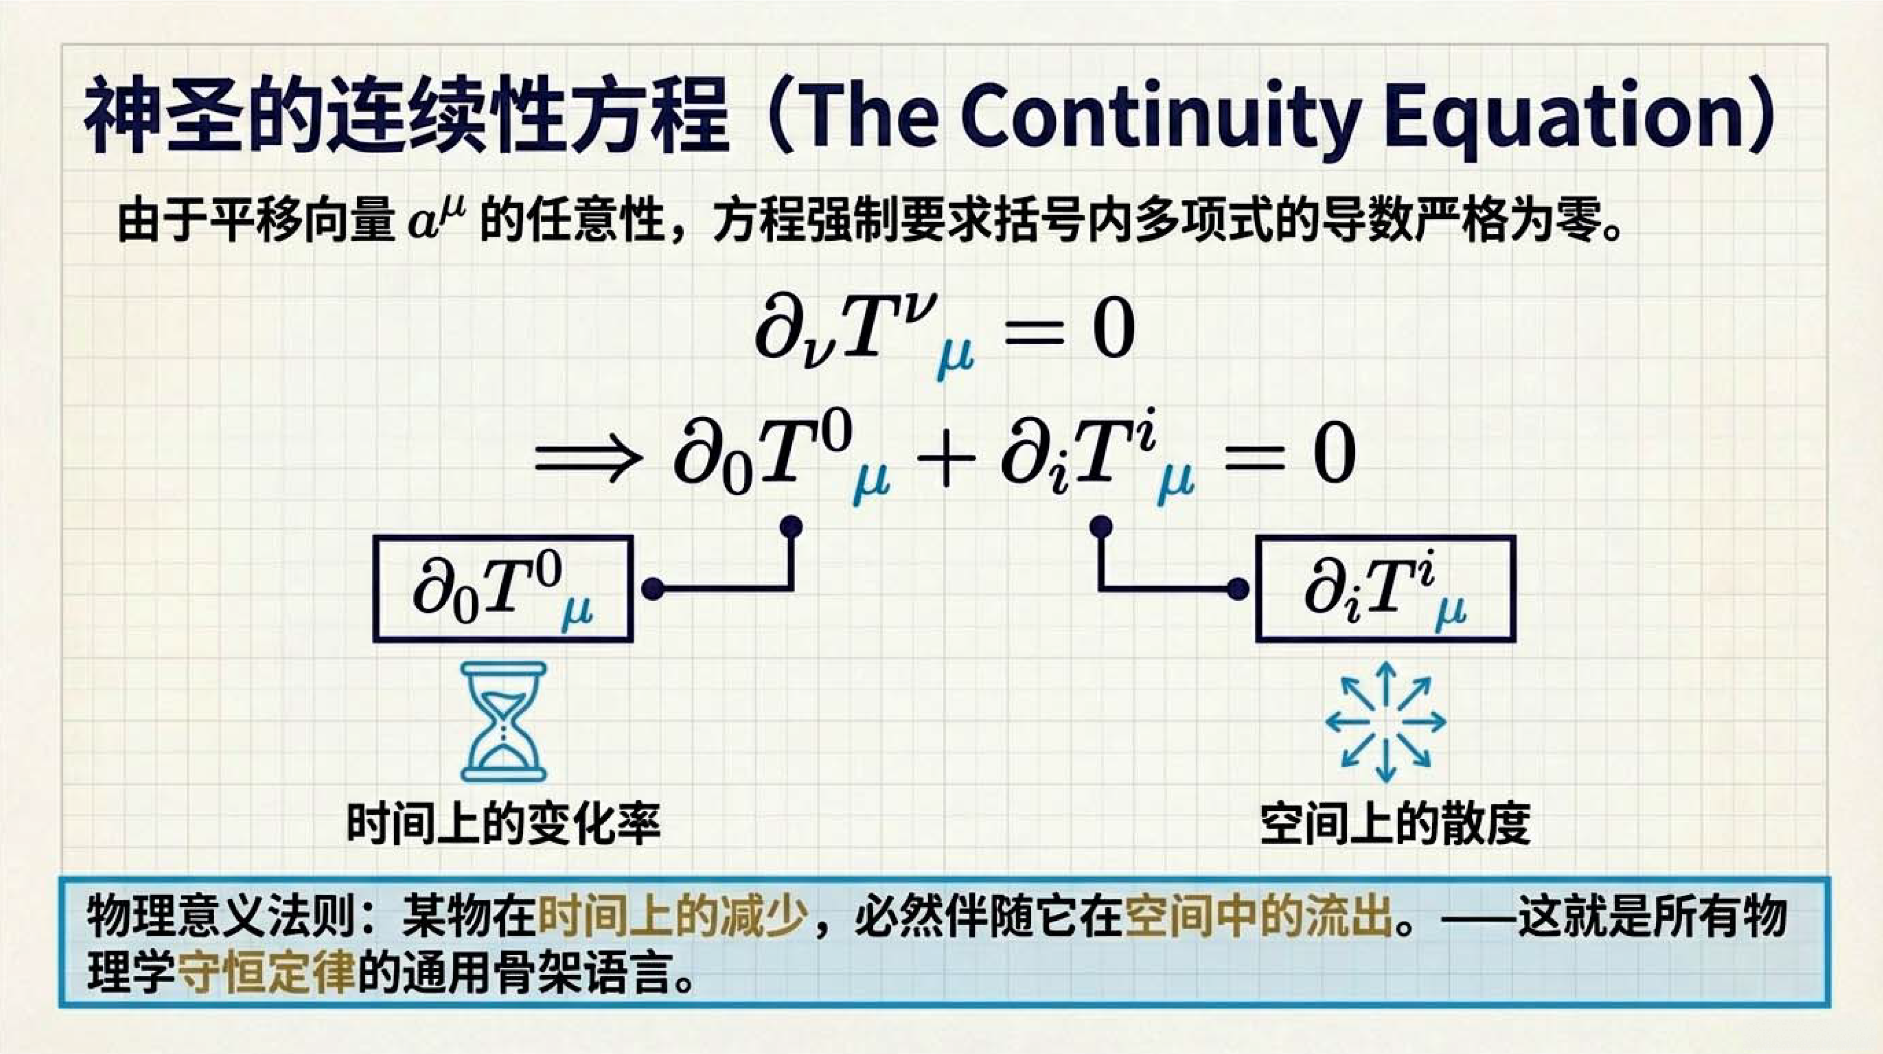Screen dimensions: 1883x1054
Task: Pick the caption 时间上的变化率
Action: tap(503, 824)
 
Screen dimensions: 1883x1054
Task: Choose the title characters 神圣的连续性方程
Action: tap(407, 117)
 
